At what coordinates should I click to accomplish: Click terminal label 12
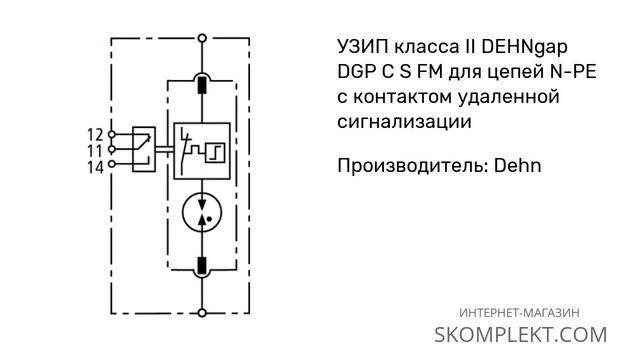(x=96, y=133)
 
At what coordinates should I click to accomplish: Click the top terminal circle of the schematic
(x=203, y=41)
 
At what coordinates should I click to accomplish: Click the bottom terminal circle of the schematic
(x=203, y=313)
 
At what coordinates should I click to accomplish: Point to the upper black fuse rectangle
(x=203, y=85)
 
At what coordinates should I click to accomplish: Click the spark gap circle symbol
(x=203, y=208)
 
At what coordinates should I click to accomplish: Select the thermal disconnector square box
(x=203, y=149)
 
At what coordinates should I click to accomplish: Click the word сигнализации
(x=399, y=121)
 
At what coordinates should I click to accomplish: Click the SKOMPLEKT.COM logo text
(x=521, y=334)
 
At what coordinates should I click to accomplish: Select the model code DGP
(x=350, y=73)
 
